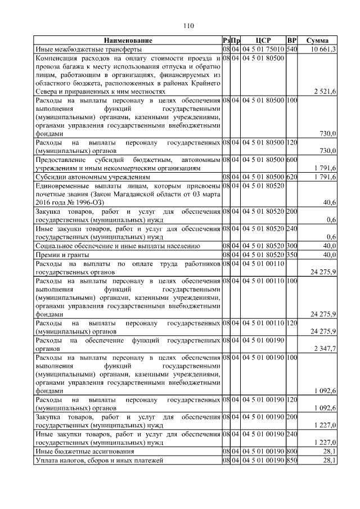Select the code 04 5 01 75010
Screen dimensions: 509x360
tap(263, 49)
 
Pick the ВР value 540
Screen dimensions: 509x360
tap(291, 49)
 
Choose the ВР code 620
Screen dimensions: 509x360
tap(291, 177)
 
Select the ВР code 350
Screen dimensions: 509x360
tap(291, 254)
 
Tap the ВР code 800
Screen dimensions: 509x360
tap(291, 451)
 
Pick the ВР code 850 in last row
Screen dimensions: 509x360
tap(291, 461)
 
